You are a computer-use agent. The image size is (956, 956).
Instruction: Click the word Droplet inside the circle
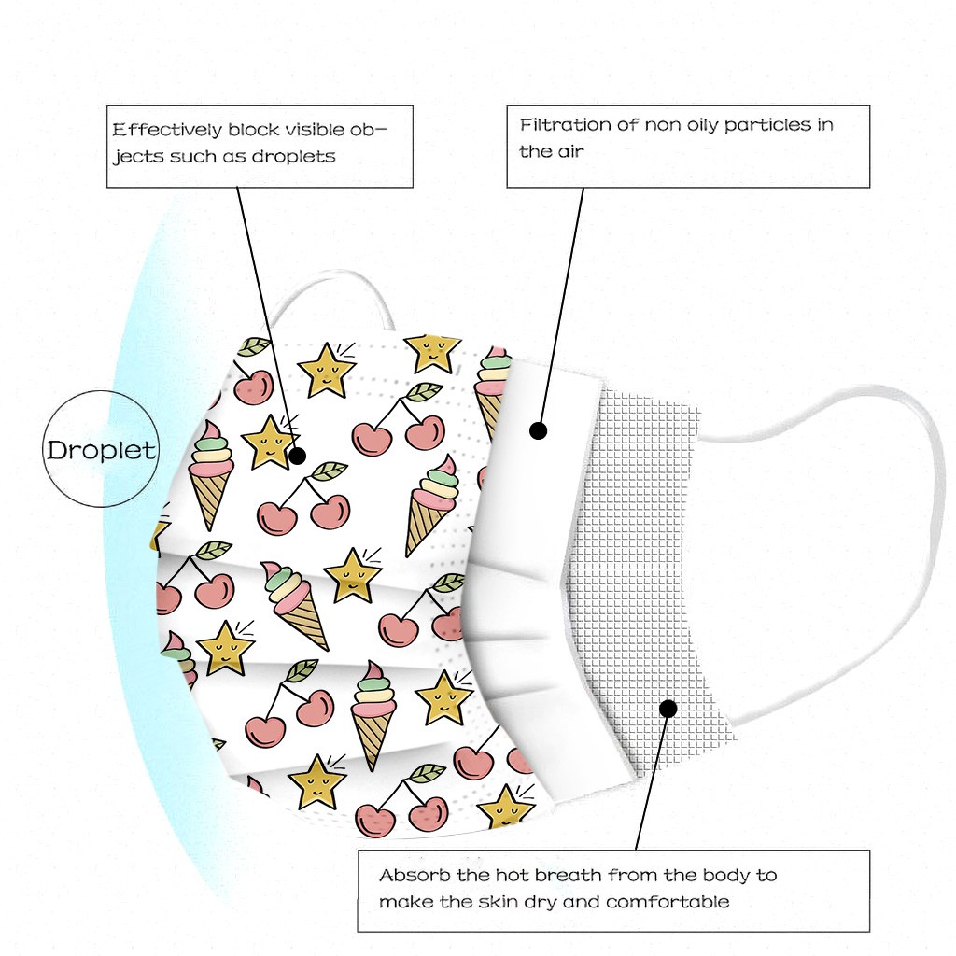(101, 450)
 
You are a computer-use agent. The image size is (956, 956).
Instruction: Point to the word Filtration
(566, 124)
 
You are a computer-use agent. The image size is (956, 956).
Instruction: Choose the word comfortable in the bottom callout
(668, 902)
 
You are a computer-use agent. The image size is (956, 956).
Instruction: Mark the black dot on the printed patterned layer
(298, 457)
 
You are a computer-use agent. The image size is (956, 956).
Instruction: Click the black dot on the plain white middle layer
(539, 430)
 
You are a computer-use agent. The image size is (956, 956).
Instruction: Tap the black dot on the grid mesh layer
(668, 709)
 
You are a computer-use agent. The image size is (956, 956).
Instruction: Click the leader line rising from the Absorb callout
(652, 780)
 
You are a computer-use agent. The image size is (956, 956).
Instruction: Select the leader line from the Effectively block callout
(266, 317)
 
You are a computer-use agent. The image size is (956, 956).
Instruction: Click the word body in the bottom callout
(732, 876)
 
